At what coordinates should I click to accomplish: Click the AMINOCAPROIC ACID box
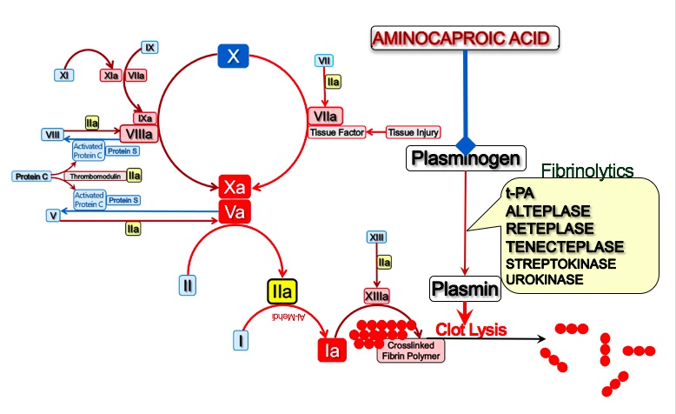point(465,38)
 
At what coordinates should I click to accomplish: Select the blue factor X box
point(232,57)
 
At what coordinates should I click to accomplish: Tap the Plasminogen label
point(466,157)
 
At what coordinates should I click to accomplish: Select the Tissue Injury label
point(414,133)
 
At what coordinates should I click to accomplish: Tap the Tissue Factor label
point(335,133)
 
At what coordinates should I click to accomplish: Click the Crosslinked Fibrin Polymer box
point(411,350)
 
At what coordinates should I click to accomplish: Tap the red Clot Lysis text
point(471,330)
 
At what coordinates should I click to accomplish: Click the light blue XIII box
point(376,237)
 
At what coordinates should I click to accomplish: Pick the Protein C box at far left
point(32,177)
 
